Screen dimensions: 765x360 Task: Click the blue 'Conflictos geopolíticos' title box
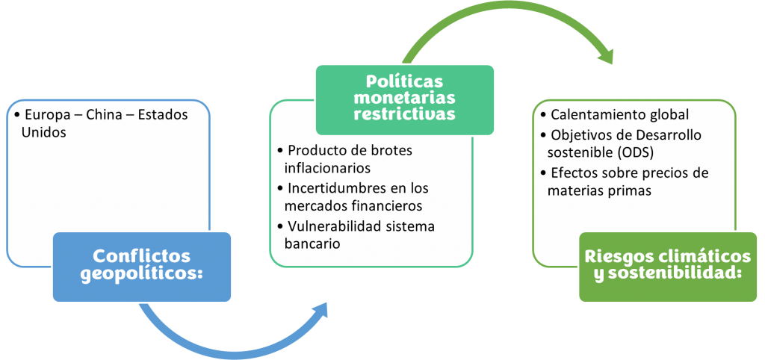pos(141,267)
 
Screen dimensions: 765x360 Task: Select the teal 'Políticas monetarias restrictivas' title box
pos(404,100)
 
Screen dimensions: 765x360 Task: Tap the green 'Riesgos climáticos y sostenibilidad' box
pos(667,267)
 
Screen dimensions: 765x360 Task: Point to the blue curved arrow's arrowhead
pos(316,311)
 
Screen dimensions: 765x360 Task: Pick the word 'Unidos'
pos(43,133)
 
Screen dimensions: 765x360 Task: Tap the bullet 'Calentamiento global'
pos(619,115)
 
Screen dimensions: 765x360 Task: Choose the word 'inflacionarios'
pos(327,168)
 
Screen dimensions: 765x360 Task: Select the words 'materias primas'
pos(599,190)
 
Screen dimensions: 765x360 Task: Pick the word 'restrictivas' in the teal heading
pos(404,114)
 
